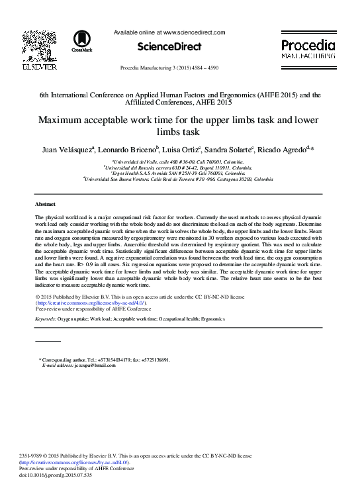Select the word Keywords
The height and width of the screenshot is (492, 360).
(x=46, y=319)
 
